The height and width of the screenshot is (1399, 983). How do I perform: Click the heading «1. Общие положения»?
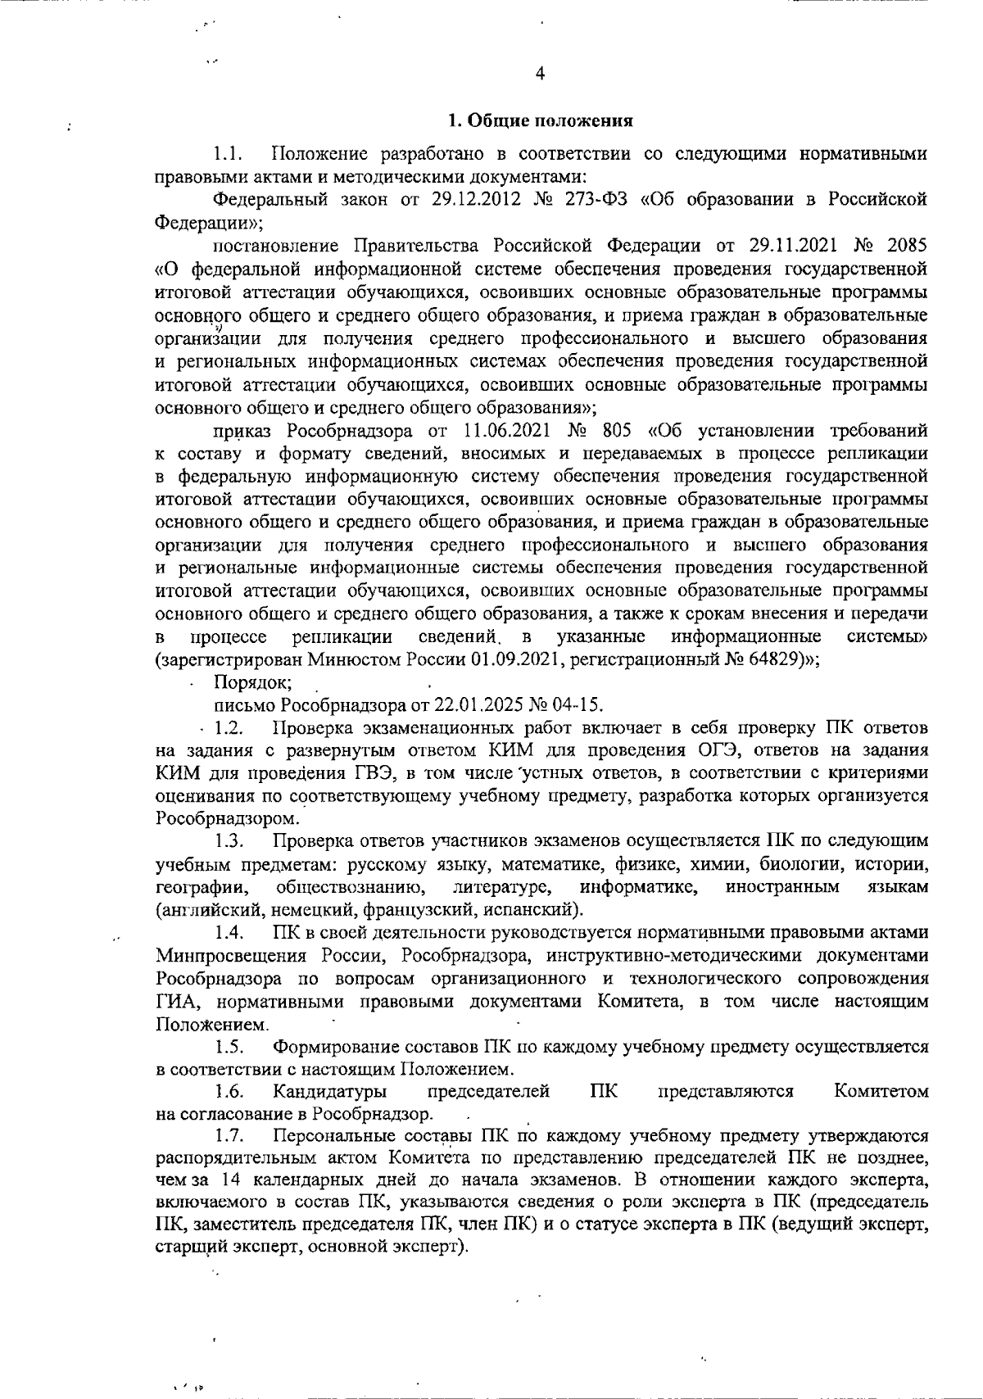pos(540,122)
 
